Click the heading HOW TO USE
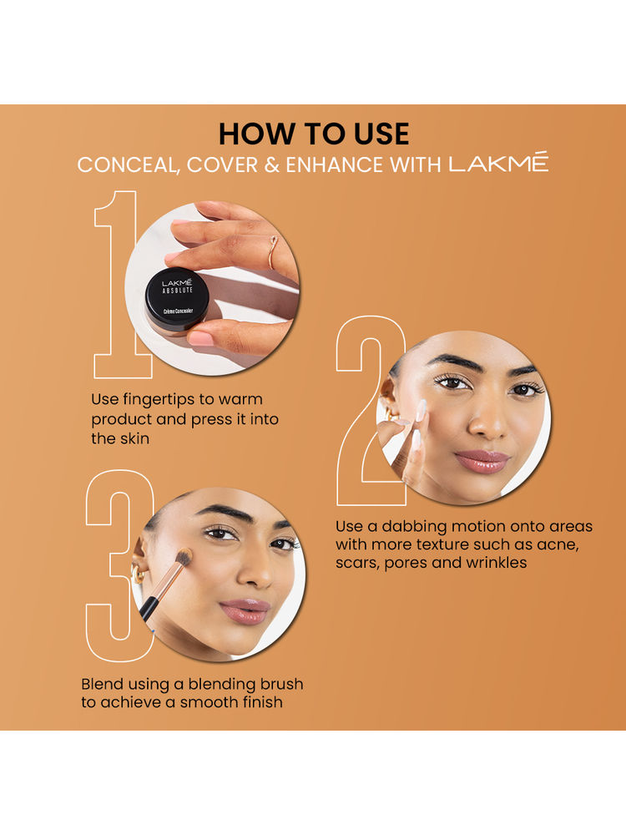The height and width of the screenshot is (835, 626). pyautogui.click(x=314, y=134)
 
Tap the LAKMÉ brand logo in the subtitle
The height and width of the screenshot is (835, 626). pyautogui.click(x=498, y=163)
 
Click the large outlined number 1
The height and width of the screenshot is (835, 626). pyautogui.click(x=117, y=285)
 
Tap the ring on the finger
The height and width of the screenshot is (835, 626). pyautogui.click(x=273, y=253)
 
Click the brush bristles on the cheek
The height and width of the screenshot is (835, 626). pyautogui.click(x=183, y=557)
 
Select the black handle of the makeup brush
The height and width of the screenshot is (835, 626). pyautogui.click(x=149, y=609)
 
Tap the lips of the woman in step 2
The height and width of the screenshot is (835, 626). pyautogui.click(x=482, y=461)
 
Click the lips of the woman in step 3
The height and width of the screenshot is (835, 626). pyautogui.click(x=246, y=611)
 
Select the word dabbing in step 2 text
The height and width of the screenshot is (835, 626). pyautogui.click(x=414, y=527)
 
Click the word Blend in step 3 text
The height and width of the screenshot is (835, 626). pyautogui.click(x=102, y=684)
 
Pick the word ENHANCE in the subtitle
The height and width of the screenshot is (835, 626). pyautogui.click(x=335, y=165)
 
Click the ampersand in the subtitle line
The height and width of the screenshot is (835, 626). pyautogui.click(x=271, y=165)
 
